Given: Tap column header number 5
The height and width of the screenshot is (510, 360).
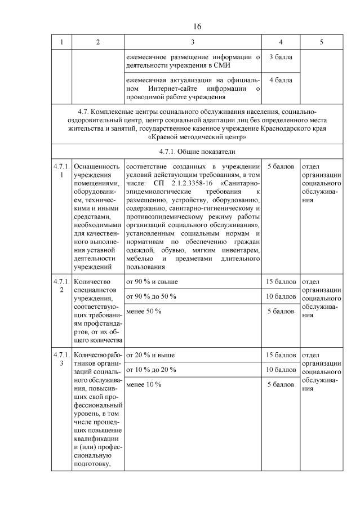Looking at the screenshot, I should [x=321, y=43].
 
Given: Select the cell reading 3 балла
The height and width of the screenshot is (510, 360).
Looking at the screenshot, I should [x=281, y=57].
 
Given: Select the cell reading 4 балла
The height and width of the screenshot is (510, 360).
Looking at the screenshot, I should [x=281, y=80].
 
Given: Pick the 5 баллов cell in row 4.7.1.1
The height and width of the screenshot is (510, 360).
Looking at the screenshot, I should [x=281, y=167].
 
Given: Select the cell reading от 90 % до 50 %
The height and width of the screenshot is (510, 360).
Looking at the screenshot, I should [x=151, y=296].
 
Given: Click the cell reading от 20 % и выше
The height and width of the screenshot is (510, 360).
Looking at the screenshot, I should [x=150, y=355].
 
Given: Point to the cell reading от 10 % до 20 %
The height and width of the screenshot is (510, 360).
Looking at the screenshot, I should [x=151, y=370].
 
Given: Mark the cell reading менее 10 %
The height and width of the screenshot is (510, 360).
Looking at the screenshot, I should [x=144, y=384].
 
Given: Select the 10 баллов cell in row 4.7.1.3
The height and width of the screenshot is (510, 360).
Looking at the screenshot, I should [x=281, y=370].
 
